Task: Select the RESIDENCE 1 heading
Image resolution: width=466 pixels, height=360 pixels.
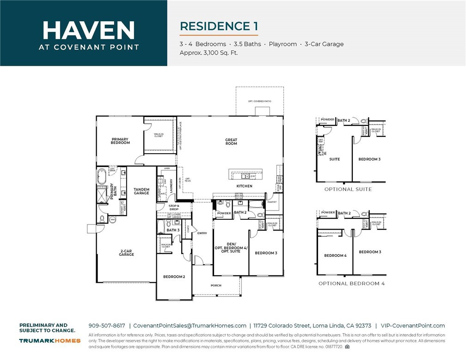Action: click(x=219, y=26)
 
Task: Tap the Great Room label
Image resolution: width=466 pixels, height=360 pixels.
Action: click(x=231, y=142)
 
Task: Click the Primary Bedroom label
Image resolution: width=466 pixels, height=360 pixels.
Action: click(x=120, y=141)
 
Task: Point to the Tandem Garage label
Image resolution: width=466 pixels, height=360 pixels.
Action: click(x=141, y=191)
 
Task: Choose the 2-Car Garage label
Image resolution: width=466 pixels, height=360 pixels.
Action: click(x=126, y=253)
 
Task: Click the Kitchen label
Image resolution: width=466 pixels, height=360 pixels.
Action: click(x=245, y=186)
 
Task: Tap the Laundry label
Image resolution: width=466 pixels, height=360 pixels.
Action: click(x=172, y=186)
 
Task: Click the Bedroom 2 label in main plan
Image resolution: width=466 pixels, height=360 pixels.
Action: click(x=174, y=277)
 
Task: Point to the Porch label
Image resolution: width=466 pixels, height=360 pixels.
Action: click(x=216, y=286)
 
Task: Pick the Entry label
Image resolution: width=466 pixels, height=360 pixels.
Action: click(x=202, y=233)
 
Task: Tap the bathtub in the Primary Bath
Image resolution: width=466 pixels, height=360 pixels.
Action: click(x=102, y=176)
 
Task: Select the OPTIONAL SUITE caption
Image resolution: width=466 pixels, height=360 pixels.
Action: click(x=348, y=189)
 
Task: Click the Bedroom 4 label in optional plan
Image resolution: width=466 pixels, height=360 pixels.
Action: click(x=335, y=255)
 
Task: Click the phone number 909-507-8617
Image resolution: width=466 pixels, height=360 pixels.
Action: click(x=106, y=326)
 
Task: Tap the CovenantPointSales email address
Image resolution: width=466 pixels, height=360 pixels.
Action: click(x=190, y=326)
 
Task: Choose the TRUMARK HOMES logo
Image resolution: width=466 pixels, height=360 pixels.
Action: click(x=50, y=341)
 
